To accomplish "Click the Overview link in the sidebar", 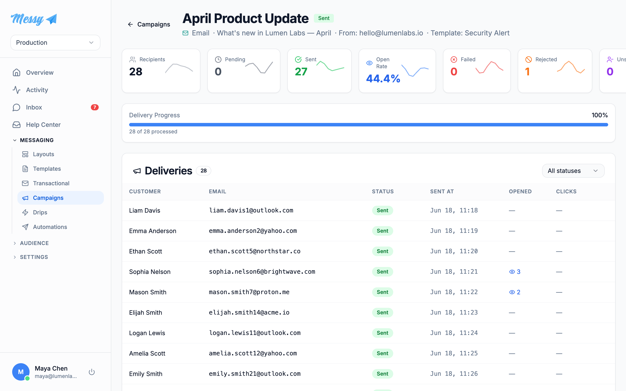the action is (40, 73).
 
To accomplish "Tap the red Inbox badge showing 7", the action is (95, 107).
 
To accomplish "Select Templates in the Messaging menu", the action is (47, 169).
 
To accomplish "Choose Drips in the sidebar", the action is (40, 213).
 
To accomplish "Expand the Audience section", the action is (34, 243).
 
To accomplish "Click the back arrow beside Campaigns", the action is (130, 24).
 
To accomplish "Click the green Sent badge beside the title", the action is (324, 18).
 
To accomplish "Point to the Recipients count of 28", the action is (136, 72).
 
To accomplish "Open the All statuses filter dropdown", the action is (573, 171).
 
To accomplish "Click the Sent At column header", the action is (442, 192).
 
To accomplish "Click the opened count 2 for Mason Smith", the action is (518, 292).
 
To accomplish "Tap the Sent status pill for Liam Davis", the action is (383, 210).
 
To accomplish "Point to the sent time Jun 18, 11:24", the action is (454, 333).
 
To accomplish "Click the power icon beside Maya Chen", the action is (92, 372).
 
